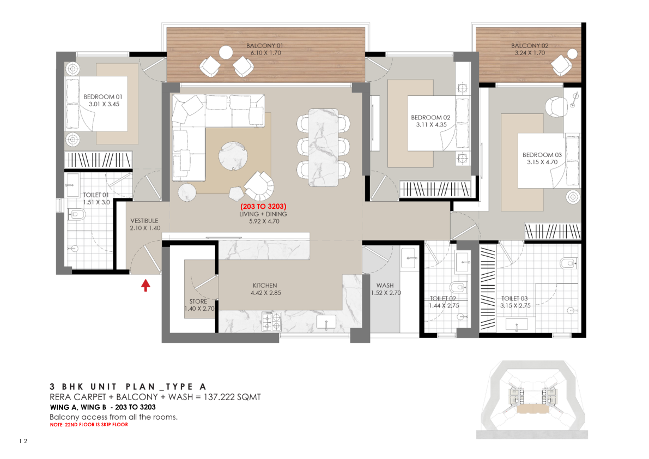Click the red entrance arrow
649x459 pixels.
tap(145, 285)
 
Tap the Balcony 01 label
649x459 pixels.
tap(264, 46)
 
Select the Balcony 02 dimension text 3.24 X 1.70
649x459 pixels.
tap(530, 53)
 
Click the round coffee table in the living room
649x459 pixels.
tap(233, 155)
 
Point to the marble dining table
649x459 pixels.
tap(323, 148)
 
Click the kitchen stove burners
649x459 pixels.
tap(271, 321)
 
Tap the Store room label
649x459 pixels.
tap(198, 301)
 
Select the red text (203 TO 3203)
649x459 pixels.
tap(263, 206)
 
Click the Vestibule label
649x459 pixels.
tap(144, 221)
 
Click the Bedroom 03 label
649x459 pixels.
tap(542, 155)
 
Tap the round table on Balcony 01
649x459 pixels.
tap(226, 52)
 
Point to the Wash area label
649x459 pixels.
tap(385, 285)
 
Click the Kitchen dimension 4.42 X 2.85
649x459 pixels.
tap(266, 293)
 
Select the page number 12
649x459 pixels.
tap(23, 441)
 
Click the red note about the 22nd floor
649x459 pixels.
tap(89, 425)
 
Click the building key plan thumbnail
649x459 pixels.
tap(532, 400)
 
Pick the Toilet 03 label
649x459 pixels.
tap(514, 298)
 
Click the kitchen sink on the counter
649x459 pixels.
tap(326, 322)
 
